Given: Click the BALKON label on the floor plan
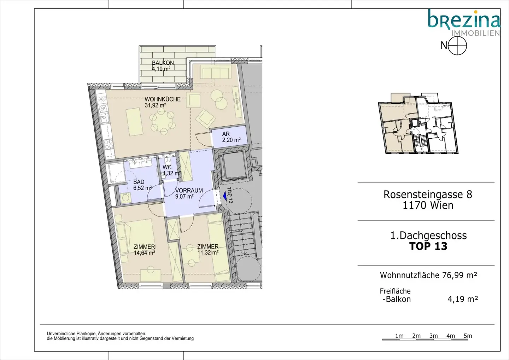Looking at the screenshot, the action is coord(163,63).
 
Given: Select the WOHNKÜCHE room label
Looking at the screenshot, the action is coord(163,99).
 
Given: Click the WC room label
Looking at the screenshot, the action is coord(167,167).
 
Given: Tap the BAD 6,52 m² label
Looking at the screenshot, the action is coord(142,185).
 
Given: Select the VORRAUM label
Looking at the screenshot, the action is coord(189,191).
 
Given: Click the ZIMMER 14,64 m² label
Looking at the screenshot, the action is coord(144,250).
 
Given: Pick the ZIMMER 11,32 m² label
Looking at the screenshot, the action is coord(208,249).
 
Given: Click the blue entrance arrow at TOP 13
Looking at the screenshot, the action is coord(225,196).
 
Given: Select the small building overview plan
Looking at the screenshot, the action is coord(418,123).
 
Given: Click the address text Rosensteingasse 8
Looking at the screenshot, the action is coord(428,194).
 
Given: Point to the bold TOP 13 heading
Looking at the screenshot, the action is coord(428,246).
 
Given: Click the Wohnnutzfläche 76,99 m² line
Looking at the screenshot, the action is coord(428,275).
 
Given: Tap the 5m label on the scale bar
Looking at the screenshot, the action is coord(468,336).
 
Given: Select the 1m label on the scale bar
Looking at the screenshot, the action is coord(399,336).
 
